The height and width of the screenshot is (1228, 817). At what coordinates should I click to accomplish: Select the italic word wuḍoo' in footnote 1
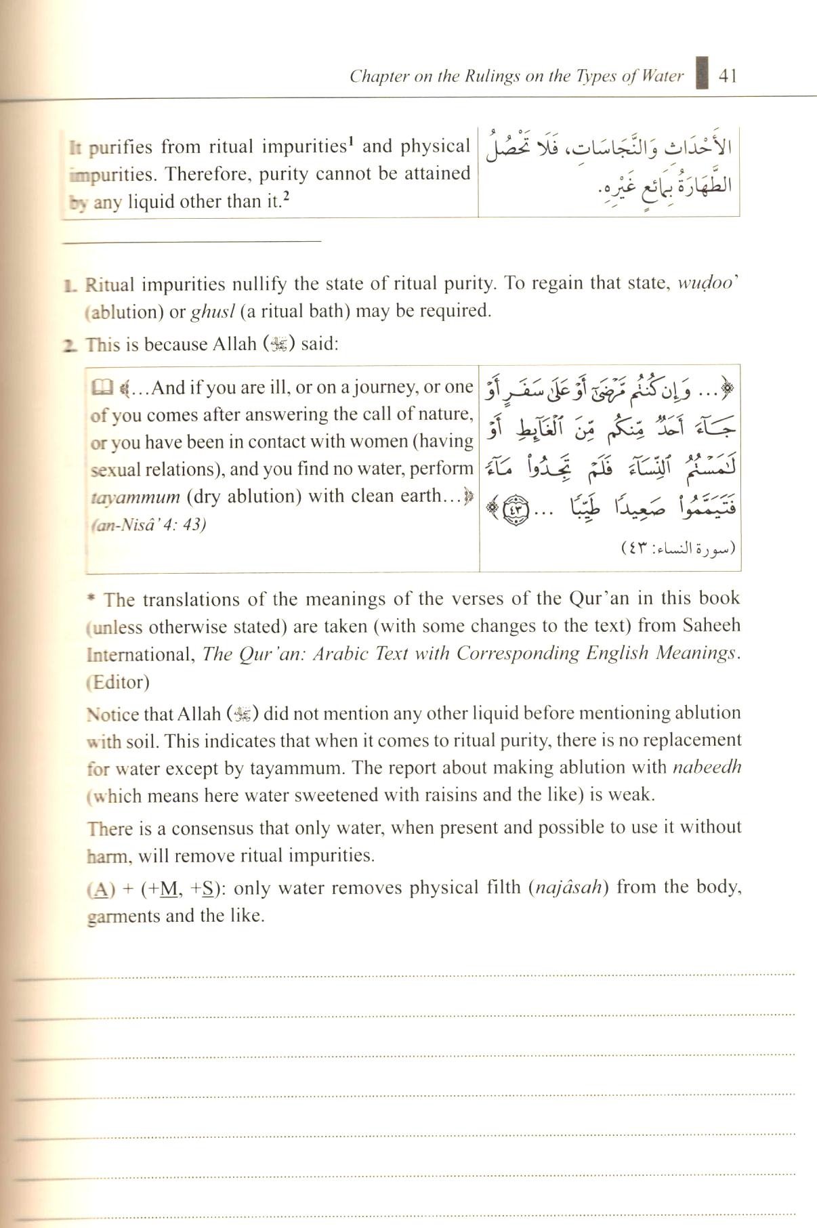707,283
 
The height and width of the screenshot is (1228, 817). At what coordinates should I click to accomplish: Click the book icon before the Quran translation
100,388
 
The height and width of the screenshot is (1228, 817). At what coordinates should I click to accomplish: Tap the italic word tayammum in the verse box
135,497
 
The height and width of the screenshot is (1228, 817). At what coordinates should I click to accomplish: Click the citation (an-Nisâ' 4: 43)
148,525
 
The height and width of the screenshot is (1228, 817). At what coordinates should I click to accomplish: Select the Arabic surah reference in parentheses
678,548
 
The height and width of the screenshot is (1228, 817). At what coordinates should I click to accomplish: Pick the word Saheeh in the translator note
711,625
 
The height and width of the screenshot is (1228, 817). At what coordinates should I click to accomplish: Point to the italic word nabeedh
707,767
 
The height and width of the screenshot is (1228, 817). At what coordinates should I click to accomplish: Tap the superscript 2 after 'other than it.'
287,197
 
